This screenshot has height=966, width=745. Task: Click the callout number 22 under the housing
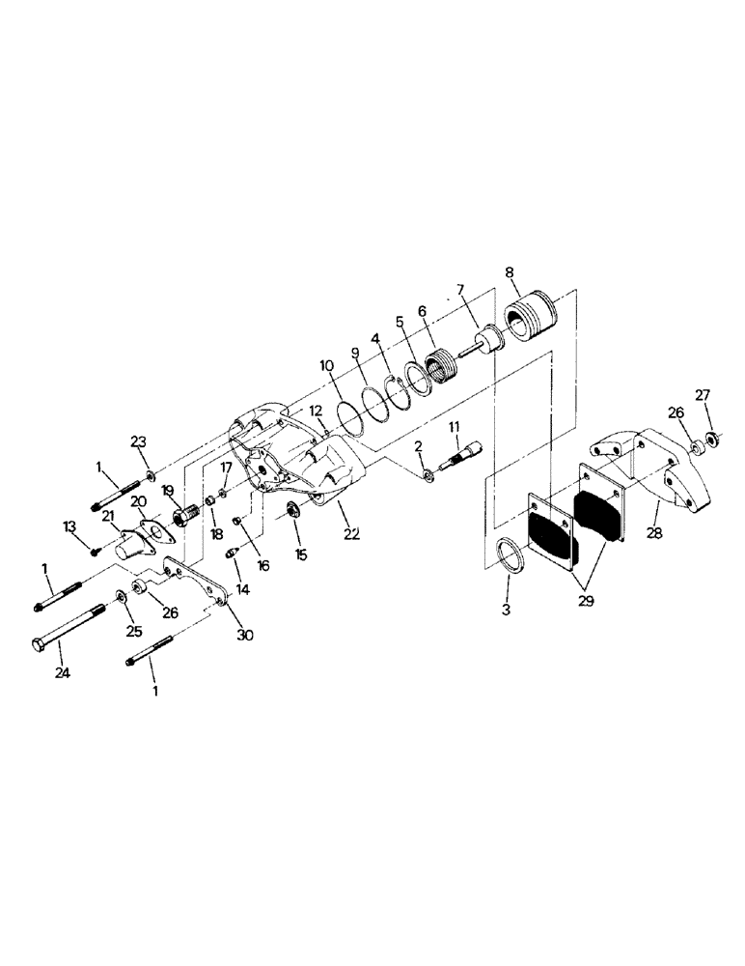347,533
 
